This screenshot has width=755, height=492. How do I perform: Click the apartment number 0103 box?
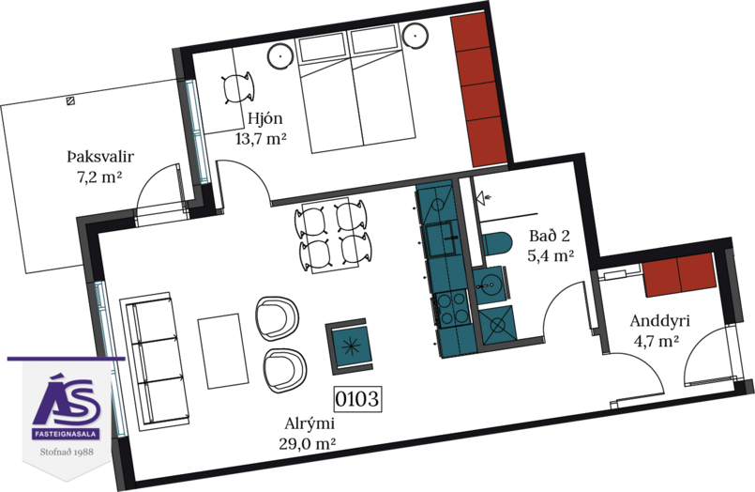357,399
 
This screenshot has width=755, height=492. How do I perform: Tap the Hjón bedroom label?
264,118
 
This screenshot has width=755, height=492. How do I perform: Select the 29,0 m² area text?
308,443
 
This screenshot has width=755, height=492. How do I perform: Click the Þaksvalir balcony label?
100,157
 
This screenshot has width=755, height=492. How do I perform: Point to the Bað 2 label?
550,236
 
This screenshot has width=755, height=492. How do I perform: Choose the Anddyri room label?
659,321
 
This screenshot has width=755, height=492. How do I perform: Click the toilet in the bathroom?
496,244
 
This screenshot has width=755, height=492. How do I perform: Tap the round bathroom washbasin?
488,285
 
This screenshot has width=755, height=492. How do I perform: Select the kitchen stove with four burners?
453,309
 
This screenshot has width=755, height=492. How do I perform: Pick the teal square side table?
351,346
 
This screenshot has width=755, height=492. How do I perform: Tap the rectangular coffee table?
223,351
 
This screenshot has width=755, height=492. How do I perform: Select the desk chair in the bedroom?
238,87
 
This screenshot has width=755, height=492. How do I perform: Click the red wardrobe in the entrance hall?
680,274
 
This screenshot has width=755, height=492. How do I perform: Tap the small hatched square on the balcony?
70,100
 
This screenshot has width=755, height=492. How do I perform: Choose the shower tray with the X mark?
498,324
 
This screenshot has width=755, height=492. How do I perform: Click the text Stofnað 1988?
67,452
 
